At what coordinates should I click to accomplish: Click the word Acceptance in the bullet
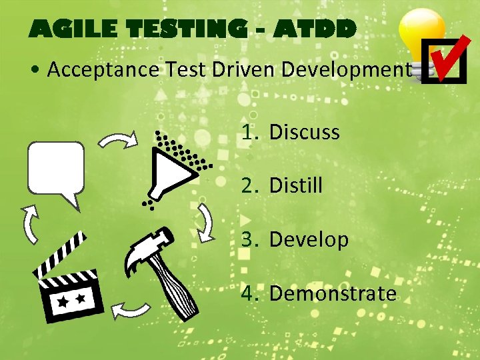pos(103,69)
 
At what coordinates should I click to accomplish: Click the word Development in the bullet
pos(341,69)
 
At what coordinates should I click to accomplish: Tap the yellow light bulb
pos(421,37)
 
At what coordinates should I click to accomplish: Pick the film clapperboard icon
pos(68,280)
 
